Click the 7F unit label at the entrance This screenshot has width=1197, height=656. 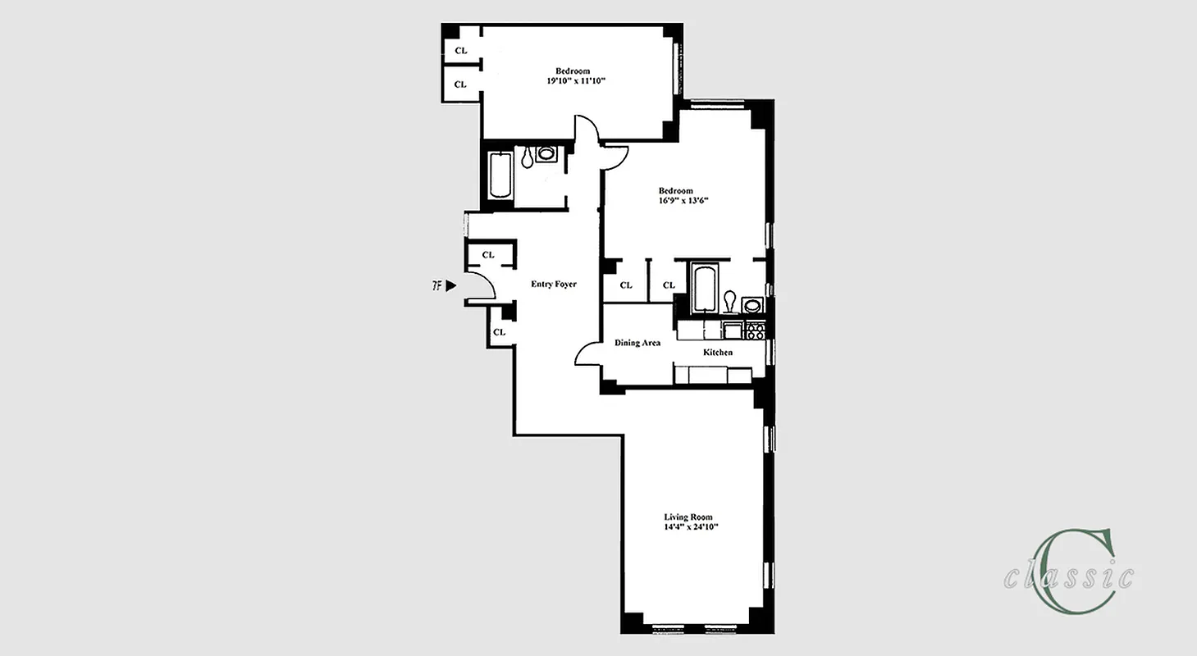[x=437, y=286]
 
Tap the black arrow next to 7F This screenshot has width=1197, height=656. [x=450, y=286]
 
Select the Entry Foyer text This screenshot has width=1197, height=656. [x=554, y=285]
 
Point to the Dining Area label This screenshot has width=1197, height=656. [x=637, y=343]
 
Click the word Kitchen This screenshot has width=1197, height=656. [x=717, y=352]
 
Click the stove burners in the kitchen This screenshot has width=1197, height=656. [x=755, y=330]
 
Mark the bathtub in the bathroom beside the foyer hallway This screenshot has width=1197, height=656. [x=500, y=176]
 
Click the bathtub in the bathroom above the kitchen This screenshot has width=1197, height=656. [x=704, y=289]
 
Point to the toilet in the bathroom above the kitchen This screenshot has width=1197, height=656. [x=729, y=302]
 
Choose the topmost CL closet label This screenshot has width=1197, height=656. [x=460, y=51]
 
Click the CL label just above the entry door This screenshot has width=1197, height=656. [x=488, y=255]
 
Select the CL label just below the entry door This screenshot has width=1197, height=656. [x=499, y=332]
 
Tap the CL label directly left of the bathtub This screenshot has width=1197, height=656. [x=669, y=285]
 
